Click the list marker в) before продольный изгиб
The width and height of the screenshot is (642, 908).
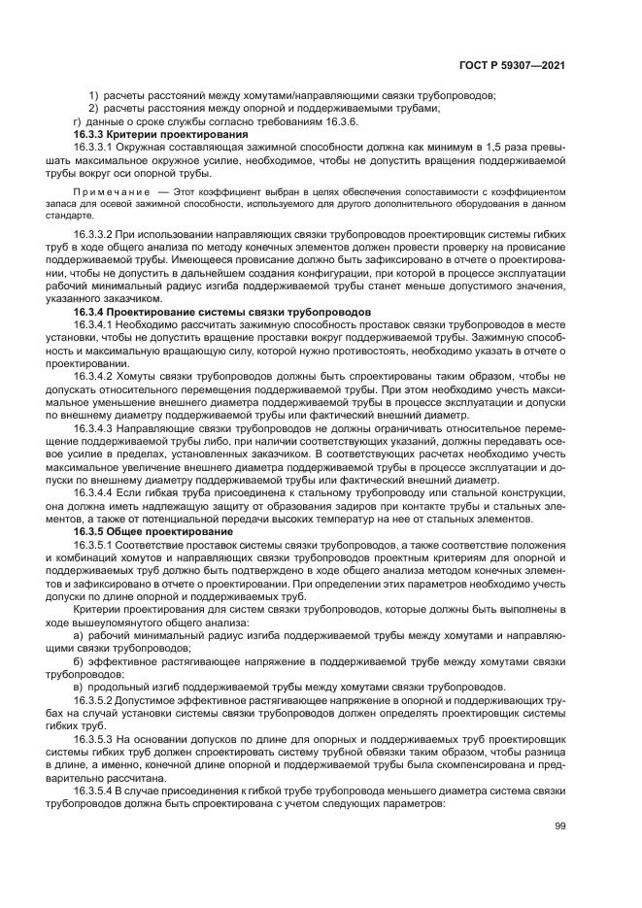coord(79,685)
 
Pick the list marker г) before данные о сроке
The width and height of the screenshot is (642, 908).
coord(79,121)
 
